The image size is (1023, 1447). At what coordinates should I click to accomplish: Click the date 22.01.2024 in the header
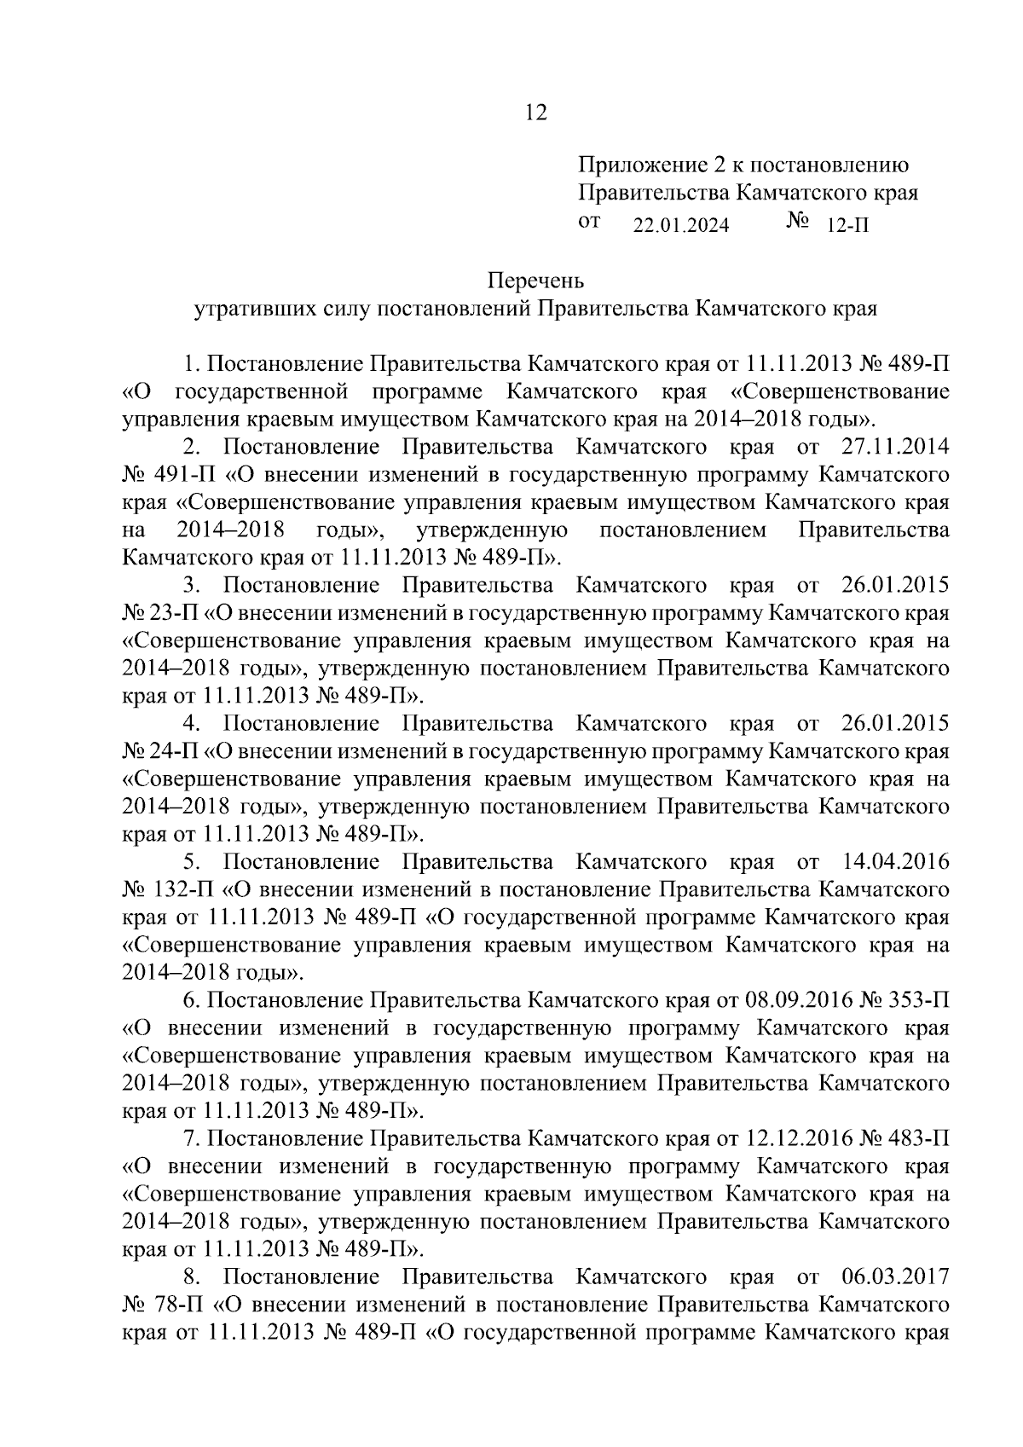click(681, 226)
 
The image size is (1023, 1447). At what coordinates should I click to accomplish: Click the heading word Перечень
click(535, 280)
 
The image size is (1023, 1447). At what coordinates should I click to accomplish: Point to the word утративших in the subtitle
click(244, 308)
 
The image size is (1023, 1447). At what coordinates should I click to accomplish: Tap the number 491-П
click(183, 475)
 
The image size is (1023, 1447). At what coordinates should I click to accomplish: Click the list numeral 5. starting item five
click(191, 861)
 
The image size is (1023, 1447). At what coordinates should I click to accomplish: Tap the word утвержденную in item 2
click(493, 530)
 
